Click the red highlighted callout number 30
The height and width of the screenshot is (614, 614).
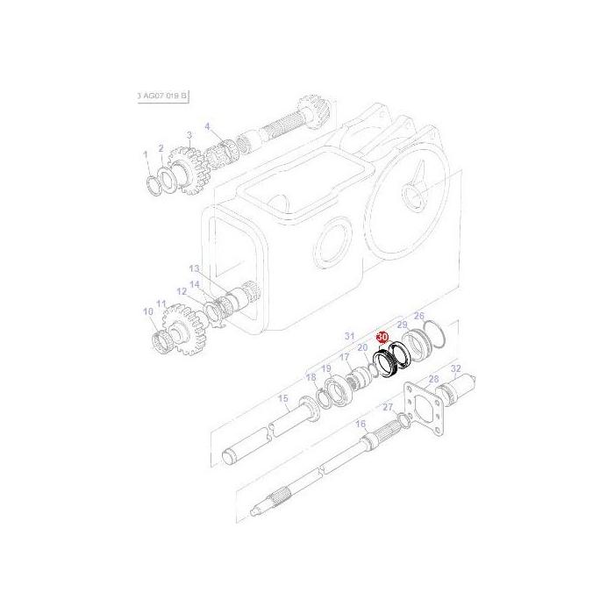coord(382,337)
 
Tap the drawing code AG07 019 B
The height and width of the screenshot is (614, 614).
coord(164,94)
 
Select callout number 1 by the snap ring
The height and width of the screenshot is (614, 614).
coord(146,155)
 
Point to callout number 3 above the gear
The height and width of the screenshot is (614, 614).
coord(189,134)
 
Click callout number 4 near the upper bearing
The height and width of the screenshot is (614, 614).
coord(208,126)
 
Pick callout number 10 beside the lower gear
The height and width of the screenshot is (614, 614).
coord(147,311)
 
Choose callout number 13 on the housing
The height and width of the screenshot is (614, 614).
coord(194,268)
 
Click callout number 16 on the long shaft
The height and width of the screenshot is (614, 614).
coord(360,424)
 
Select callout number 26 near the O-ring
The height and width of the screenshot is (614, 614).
coord(418,316)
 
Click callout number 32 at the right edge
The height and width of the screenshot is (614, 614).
coord(455,368)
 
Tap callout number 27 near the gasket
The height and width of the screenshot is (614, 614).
coord(387,408)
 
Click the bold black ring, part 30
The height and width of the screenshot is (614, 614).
coord(385,362)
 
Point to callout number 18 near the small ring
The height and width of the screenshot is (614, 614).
coord(310,377)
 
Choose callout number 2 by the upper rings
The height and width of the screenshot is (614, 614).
coord(161,148)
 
